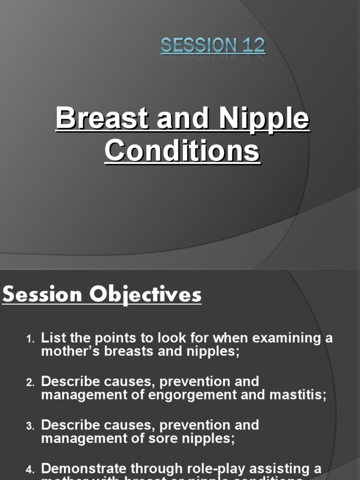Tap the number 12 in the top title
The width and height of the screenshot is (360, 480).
254,46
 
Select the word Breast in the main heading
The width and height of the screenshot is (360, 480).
102,119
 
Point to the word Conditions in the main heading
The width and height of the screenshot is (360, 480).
182,151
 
